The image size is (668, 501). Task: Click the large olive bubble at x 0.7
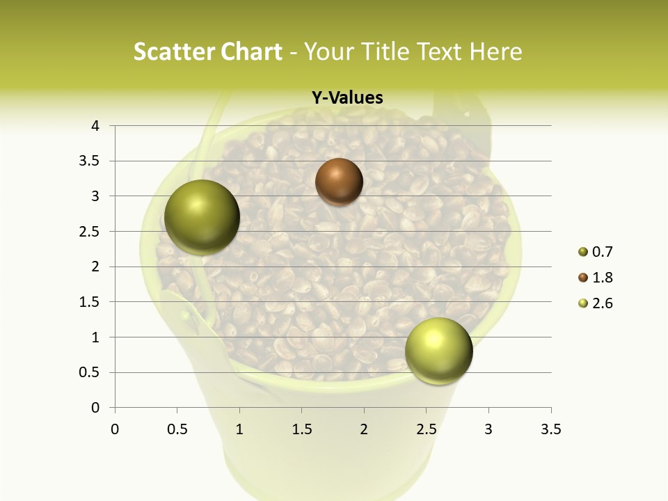(202, 217)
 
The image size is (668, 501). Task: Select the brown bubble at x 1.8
(339, 182)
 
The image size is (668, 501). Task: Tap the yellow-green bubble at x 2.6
(438, 351)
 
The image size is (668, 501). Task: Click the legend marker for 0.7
(582, 253)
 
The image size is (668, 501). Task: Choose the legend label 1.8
(602, 278)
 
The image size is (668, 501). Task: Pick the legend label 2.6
(602, 303)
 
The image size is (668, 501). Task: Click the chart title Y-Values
(347, 98)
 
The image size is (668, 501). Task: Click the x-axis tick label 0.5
(177, 429)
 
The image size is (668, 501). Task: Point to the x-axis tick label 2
(364, 429)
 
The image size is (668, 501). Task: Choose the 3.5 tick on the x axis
(550, 429)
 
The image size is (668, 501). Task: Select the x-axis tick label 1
(239, 429)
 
